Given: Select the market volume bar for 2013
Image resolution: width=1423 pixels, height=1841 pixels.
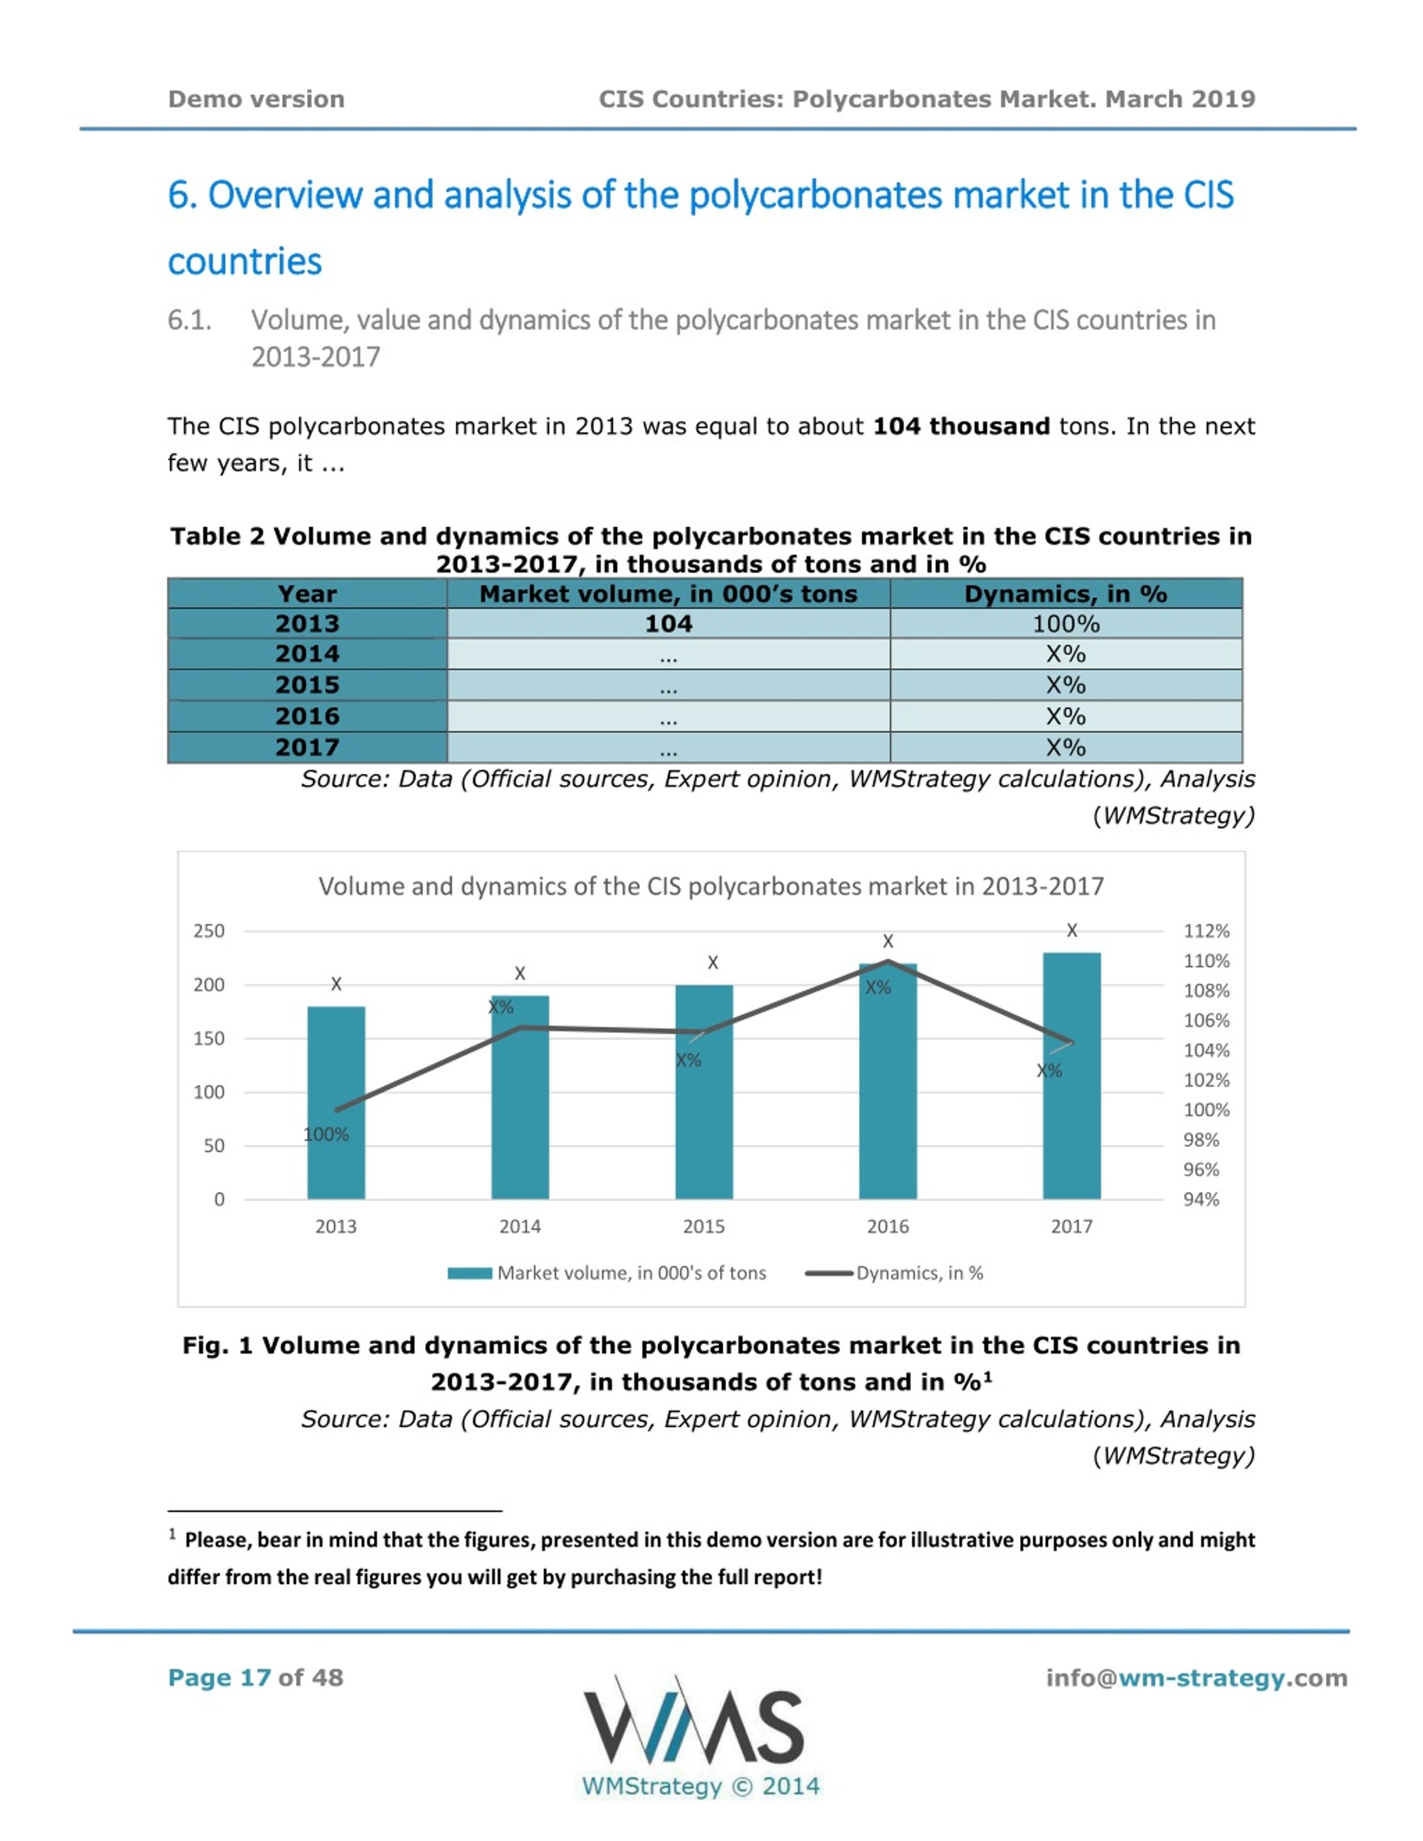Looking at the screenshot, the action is [336, 1102].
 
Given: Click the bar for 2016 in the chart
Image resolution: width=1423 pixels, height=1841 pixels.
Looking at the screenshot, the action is [888, 1081].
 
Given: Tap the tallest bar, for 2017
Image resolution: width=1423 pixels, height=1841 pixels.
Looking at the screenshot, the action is [1072, 1076].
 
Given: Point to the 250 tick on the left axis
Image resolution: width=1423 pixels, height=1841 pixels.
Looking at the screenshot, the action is [209, 931].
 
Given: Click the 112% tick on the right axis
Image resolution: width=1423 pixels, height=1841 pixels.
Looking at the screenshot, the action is [1206, 931].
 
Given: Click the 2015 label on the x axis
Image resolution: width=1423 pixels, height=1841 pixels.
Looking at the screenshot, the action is [704, 1226].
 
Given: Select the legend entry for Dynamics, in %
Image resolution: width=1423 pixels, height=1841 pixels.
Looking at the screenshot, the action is [894, 1273].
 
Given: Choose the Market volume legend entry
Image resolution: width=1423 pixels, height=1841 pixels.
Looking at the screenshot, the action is [607, 1273].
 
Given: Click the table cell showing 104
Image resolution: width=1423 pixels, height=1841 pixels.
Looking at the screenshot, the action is [669, 624].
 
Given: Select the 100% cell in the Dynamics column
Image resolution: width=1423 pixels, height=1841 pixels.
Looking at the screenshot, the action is [1066, 624].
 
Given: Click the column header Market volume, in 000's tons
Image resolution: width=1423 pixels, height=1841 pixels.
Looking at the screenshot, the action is [669, 594].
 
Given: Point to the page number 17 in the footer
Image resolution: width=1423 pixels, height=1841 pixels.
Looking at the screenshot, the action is [256, 1678].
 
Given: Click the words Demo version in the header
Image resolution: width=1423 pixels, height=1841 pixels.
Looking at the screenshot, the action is [256, 99].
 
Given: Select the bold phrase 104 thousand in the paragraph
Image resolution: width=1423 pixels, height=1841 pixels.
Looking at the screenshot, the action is [961, 427].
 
